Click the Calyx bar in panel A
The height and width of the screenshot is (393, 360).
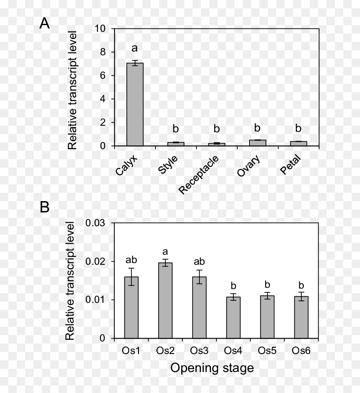135,104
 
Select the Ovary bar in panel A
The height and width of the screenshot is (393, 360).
257,143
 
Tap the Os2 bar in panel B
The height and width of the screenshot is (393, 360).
165,300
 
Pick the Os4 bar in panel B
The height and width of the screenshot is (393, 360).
233,318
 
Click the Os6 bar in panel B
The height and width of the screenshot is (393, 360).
301,317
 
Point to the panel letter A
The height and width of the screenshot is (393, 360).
44,23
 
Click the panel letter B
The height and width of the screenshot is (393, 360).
44,207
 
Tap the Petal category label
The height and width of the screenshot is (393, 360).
290,164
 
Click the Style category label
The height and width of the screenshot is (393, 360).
168,164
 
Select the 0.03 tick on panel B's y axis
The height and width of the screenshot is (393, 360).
95,223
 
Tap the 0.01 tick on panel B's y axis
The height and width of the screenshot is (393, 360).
95,300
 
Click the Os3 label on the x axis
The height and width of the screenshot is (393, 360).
199,350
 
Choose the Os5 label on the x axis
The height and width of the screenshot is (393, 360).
267,350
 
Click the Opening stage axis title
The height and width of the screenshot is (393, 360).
212,368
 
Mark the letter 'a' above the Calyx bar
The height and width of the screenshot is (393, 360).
135,48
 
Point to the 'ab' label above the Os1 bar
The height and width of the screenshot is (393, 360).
131,260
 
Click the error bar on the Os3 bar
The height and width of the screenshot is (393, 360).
199,277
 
